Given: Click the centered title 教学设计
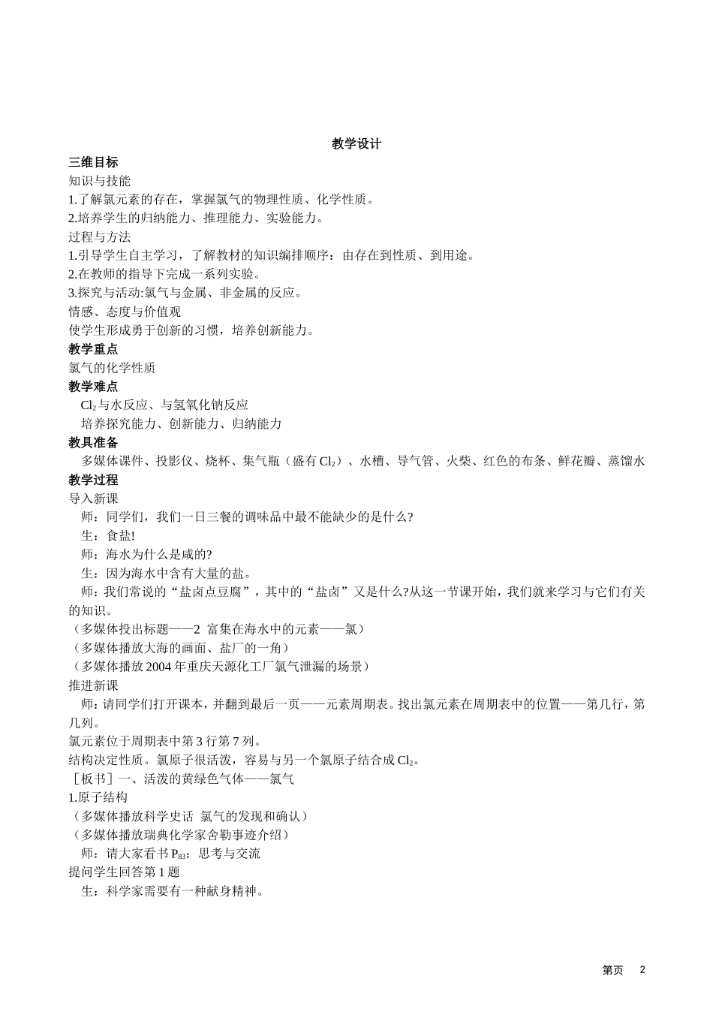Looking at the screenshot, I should click(x=356, y=143).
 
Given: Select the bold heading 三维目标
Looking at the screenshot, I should click(x=93, y=162).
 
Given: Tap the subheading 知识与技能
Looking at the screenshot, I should click(x=99, y=181).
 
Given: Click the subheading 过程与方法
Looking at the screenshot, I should click(x=99, y=236).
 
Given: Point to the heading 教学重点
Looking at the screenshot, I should click(x=93, y=349).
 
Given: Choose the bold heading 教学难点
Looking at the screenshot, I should click(x=93, y=387).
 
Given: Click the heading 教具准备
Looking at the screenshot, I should click(x=93, y=443).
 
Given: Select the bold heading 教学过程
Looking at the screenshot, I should click(x=93, y=480).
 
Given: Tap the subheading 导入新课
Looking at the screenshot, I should click(x=93, y=498).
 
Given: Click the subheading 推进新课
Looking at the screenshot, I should click(x=93, y=685).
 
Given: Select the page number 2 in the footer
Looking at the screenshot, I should click(x=642, y=969).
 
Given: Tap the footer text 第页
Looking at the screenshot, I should click(x=612, y=970).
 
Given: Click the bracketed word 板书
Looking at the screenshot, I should click(x=87, y=779).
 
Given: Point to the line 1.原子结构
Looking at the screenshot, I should click(x=98, y=797).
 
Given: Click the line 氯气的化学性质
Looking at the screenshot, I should click(x=112, y=368).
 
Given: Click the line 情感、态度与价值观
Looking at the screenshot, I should click(x=124, y=312).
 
